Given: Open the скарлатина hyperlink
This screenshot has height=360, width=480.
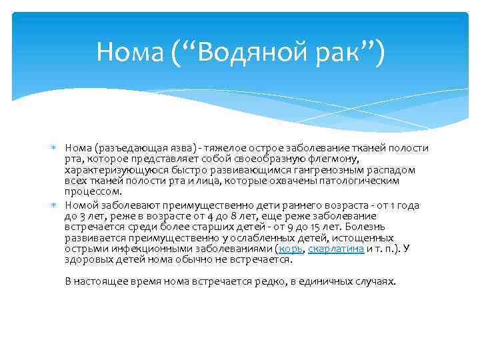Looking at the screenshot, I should (336, 249).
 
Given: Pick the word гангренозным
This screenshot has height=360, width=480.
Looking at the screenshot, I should (329, 170).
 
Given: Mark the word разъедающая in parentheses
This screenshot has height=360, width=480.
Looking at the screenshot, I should (125, 147).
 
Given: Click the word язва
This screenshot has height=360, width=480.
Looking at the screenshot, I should (170, 147).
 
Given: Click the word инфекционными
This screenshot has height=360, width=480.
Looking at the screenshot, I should (137, 249).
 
